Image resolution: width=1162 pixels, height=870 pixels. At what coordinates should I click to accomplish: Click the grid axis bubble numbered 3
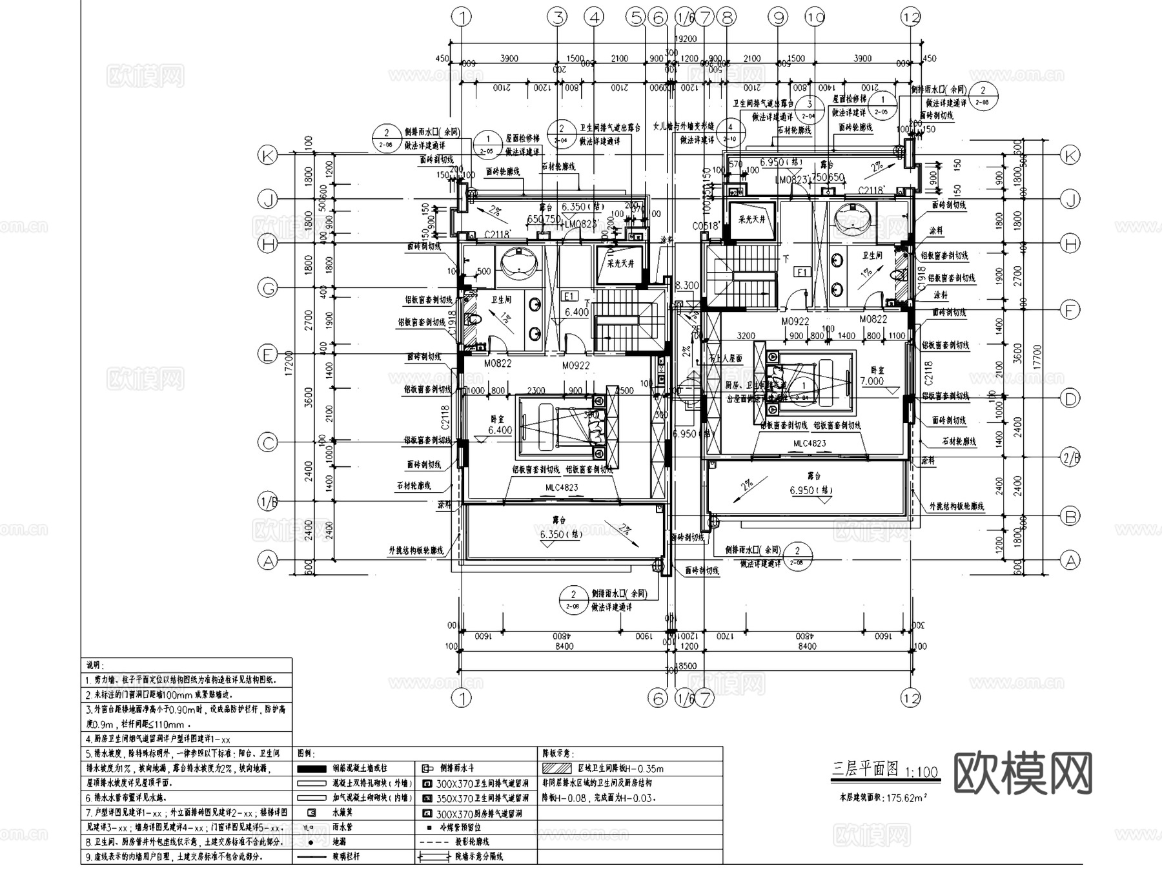click(558, 17)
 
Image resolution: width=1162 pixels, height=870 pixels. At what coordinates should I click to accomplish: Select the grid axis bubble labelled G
click(267, 287)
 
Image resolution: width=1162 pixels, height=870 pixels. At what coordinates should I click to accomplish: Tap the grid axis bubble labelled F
click(1070, 311)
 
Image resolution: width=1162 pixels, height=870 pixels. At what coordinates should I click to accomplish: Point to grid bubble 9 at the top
click(779, 17)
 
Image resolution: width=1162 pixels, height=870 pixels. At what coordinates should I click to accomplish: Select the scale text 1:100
click(922, 772)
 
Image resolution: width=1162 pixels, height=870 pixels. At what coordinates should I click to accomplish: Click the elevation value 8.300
click(687, 285)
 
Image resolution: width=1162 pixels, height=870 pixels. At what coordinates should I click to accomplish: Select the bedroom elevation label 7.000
click(871, 381)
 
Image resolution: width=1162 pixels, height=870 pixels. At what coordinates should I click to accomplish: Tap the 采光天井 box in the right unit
click(751, 220)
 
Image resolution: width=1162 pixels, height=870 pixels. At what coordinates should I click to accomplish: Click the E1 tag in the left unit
click(569, 296)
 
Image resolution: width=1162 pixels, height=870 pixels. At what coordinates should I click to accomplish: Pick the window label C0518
click(705, 226)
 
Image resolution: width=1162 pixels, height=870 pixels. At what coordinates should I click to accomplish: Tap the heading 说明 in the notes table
click(96, 665)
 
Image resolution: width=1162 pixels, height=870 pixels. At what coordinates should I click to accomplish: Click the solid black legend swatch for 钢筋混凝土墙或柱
click(312, 769)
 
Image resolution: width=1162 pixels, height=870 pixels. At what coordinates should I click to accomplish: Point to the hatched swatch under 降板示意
click(556, 769)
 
